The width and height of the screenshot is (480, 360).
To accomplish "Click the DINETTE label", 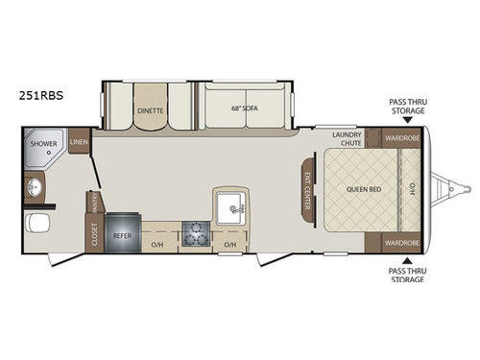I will [150, 109].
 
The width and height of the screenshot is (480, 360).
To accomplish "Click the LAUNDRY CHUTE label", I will [347, 140].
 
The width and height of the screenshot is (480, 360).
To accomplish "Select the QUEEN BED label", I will [364, 189].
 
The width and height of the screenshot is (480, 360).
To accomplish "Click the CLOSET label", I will [95, 235].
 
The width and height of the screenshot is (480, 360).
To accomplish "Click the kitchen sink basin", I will [230, 204].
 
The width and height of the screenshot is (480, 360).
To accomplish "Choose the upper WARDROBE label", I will [402, 138].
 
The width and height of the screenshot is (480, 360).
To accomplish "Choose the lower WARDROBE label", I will [402, 241].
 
